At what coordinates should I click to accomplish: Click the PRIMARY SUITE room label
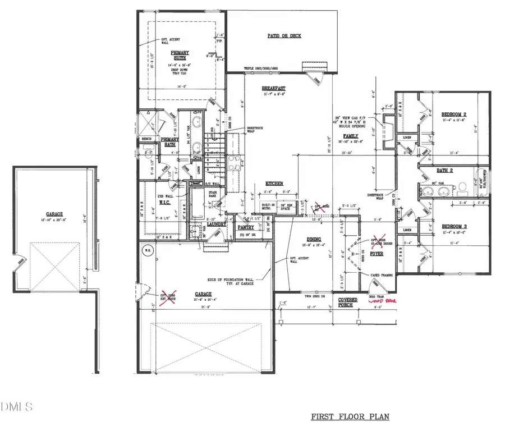click(181, 54)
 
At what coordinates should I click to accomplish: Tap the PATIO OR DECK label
click(284, 36)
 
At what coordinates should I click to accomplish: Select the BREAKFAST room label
click(274, 89)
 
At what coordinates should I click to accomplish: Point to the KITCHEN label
click(274, 184)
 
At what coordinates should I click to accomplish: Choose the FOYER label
click(376, 254)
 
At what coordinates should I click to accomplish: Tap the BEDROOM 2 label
click(454, 113)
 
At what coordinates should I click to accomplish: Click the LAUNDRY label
click(216, 224)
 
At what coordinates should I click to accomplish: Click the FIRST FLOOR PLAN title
click(350, 417)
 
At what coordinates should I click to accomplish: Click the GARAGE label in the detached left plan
click(54, 214)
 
